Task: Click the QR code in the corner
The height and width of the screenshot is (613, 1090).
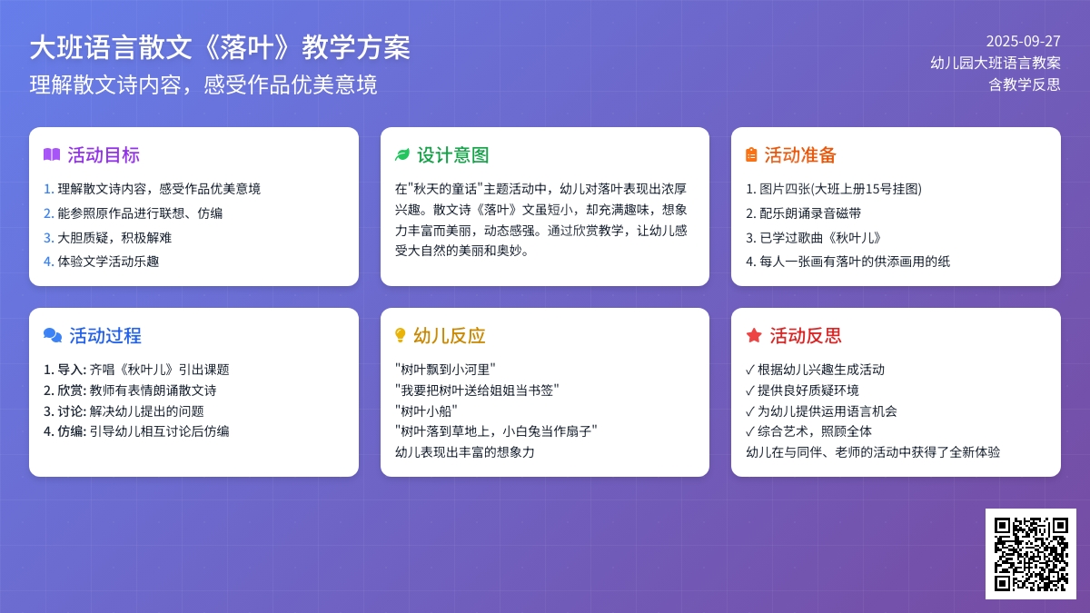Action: [1031, 554]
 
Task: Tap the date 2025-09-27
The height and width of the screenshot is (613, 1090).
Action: [1023, 42]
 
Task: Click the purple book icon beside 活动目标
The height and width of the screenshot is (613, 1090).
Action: [52, 154]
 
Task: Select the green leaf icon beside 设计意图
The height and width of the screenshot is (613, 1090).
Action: [402, 154]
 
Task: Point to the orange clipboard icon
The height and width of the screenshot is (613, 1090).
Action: [751, 154]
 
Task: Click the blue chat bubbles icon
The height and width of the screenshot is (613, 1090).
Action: [53, 335]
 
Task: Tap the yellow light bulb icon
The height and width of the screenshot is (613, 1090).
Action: [400, 335]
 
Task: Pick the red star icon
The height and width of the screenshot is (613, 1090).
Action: [754, 335]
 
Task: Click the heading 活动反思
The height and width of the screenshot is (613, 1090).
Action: [806, 336]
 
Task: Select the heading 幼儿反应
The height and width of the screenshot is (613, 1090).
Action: [449, 336]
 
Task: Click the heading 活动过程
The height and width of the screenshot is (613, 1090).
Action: [105, 336]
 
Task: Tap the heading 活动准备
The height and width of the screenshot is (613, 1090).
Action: [800, 155]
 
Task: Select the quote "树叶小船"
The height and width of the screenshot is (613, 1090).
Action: [426, 411]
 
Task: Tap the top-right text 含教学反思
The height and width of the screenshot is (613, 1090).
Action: [1025, 84]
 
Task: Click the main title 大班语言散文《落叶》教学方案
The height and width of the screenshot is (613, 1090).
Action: [220, 47]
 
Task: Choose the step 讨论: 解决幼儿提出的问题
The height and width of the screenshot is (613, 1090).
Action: [124, 411]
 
